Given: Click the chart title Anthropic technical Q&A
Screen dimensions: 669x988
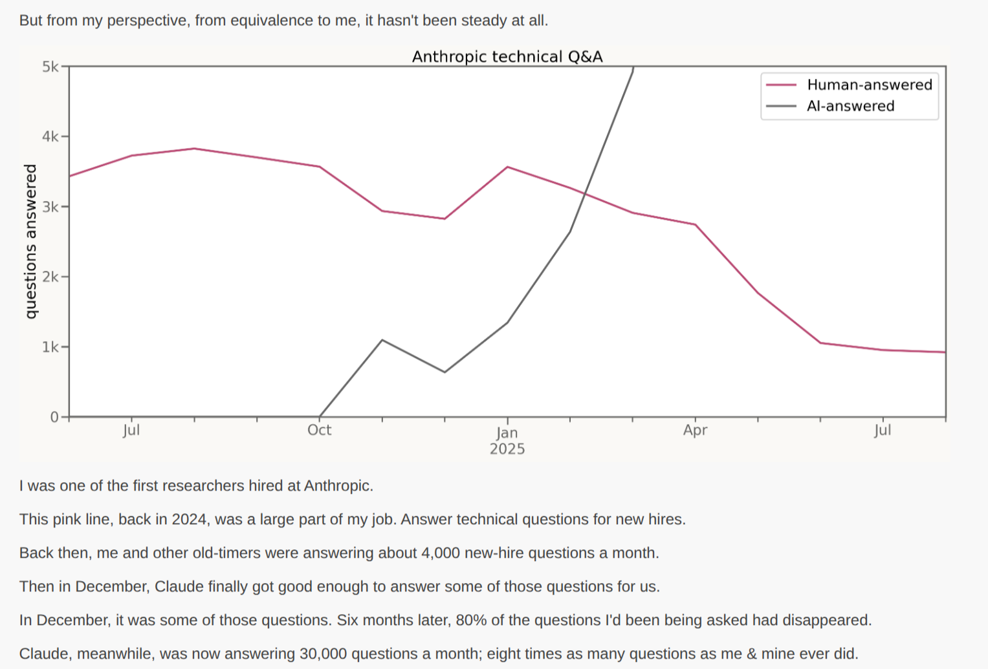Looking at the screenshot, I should (x=507, y=57).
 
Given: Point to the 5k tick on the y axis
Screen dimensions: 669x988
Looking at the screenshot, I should (x=50, y=67).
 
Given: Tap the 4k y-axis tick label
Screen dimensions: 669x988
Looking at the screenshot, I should (x=50, y=136).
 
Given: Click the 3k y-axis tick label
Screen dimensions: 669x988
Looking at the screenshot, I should (x=50, y=207).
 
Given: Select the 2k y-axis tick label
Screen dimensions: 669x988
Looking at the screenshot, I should (x=50, y=277).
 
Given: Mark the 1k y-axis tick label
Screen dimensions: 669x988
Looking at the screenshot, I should (x=50, y=347).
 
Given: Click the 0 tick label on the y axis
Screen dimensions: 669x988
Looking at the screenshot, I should (x=54, y=417).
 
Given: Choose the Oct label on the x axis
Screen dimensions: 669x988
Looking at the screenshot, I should (x=319, y=430).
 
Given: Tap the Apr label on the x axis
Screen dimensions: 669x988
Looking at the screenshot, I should (x=695, y=430).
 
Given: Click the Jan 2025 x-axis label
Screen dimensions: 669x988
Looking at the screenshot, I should (x=507, y=440).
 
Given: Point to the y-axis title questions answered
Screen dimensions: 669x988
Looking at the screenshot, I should (x=30, y=241).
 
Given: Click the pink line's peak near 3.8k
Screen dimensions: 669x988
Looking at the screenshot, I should (x=194, y=149).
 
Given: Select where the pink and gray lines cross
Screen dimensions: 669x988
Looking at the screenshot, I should (x=585, y=193).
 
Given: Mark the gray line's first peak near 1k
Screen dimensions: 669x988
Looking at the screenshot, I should (x=382, y=340).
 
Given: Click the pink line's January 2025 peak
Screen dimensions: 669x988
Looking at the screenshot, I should (x=507, y=167).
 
